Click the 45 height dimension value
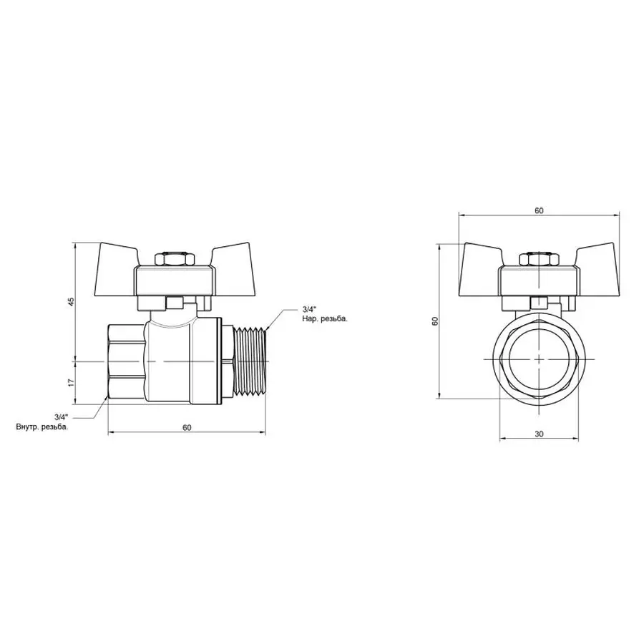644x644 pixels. click(70, 302)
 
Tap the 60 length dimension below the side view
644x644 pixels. click(187, 427)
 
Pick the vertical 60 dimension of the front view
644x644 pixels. click(434, 322)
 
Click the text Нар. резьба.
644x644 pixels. click(324, 319)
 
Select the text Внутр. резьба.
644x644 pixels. click(42, 427)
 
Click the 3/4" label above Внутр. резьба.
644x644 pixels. click(60, 416)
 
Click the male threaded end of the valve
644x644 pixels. click(251, 363)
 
